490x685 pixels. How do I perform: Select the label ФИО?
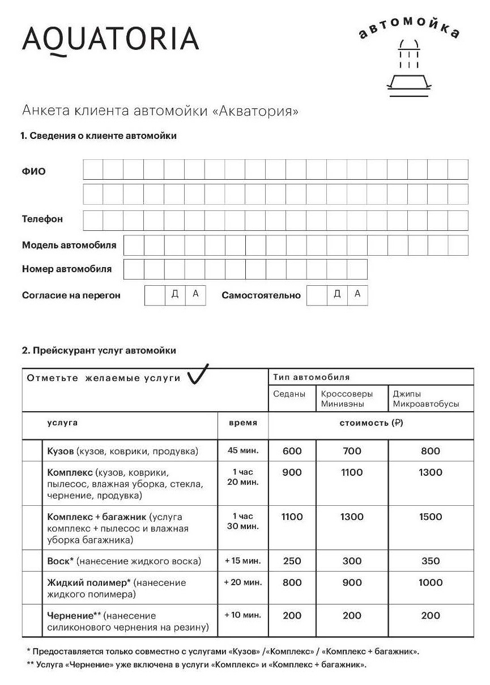point(34,171)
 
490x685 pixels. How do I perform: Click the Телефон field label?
point(42,219)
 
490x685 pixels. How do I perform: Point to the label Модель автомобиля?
point(69,246)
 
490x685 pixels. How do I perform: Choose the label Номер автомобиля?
point(67,269)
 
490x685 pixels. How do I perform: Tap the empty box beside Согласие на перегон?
point(155,295)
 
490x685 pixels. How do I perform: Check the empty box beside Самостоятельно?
point(317,295)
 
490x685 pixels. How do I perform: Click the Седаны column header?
point(289,394)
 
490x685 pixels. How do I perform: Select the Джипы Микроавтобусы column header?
point(425,399)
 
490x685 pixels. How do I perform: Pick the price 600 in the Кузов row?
point(292,451)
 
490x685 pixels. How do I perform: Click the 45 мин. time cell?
point(242,451)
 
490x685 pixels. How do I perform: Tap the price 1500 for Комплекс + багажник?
point(431,517)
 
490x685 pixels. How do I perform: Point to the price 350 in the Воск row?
point(431,561)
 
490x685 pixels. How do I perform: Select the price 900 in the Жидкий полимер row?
point(352,583)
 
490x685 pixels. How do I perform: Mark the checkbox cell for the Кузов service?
point(32,451)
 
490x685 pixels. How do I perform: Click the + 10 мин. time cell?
point(242,615)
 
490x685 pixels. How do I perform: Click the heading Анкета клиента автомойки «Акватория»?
point(160,111)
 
